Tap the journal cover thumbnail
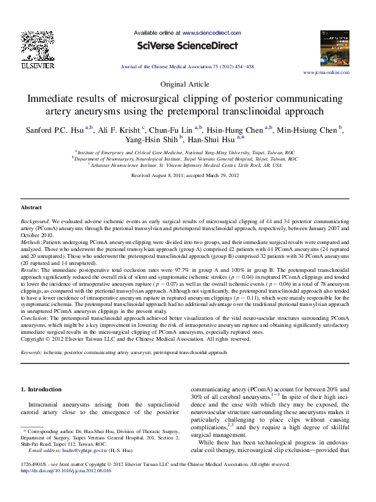click(335, 49)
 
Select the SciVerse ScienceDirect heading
click(188, 46)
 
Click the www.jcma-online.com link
click(327, 73)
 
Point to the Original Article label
click(187, 84)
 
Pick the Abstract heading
click(32, 207)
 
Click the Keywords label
click(33, 352)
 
